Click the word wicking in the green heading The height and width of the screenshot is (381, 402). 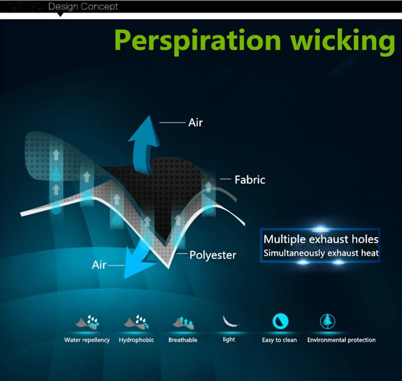click(343, 41)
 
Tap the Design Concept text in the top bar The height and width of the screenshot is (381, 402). click(83, 7)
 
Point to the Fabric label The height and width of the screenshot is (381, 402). click(250, 179)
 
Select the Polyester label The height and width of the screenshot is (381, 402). click(213, 255)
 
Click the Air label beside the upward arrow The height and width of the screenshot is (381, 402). click(195, 123)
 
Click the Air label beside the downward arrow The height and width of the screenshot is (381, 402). click(99, 265)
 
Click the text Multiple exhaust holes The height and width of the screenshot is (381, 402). click(321, 239)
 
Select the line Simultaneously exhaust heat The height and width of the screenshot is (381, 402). click(321, 253)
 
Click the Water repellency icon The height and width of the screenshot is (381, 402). click(87, 322)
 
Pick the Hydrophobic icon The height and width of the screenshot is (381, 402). click(136, 322)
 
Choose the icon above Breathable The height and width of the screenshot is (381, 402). click(183, 323)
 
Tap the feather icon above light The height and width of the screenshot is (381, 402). click(230, 321)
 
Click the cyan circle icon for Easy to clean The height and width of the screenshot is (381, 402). click(280, 321)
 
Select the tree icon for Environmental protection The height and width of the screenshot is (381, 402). click(328, 321)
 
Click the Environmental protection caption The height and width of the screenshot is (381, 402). click(341, 340)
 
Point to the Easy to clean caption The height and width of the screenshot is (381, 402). click(279, 340)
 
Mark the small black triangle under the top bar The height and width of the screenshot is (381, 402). click(60, 15)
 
